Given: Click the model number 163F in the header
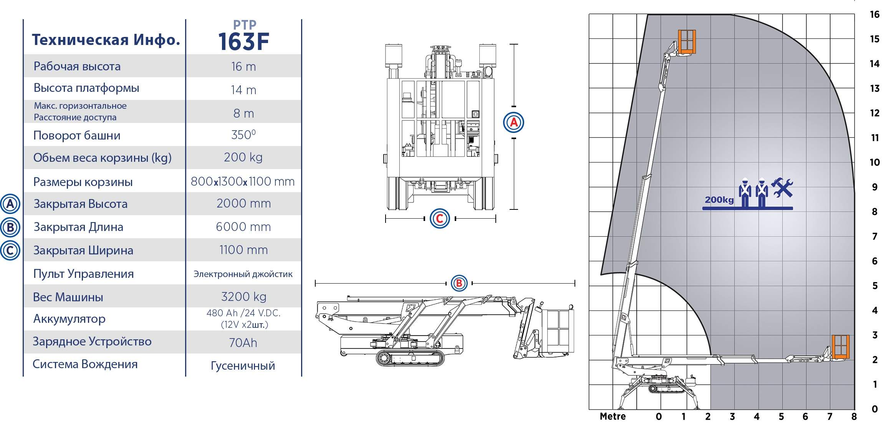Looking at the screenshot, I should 243,42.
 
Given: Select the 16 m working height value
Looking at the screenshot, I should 243,66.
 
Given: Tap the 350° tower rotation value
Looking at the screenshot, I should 243,135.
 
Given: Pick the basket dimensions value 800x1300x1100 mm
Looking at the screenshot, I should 243,181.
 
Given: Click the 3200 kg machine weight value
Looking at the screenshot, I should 243,297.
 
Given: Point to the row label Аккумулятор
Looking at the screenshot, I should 69,319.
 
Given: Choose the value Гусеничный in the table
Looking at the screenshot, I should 243,365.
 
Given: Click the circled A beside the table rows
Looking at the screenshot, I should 10,204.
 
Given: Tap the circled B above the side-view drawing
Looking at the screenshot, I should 459,284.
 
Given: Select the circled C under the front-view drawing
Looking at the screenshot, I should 440,219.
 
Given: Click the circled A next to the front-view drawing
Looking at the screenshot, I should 513,123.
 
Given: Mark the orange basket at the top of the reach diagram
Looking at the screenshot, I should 687,42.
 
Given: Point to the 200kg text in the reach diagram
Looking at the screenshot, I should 719,200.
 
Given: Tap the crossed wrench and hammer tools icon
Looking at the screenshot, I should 782,188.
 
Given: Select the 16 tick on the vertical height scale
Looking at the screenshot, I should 875,15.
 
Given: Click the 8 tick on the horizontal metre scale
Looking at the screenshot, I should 854,417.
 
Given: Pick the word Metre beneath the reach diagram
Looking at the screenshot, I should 613,417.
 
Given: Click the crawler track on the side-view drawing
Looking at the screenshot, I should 410,358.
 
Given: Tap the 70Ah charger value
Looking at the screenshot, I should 243,343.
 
